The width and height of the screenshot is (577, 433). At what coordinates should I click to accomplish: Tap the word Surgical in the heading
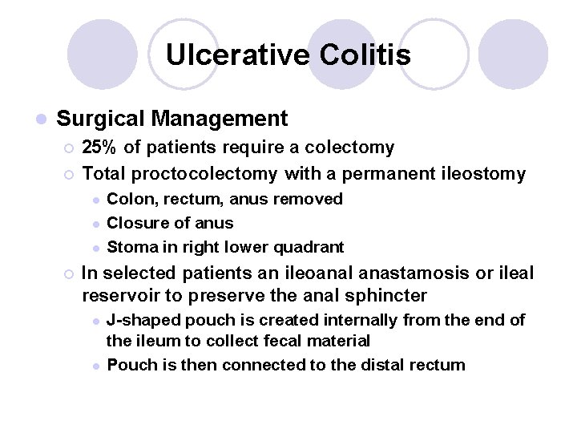101,119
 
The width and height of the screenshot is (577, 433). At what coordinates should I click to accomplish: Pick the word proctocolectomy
205,172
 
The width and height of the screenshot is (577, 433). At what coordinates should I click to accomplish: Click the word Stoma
130,246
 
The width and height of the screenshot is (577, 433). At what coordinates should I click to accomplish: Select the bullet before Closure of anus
95,223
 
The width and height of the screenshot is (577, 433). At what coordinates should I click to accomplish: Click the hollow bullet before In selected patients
68,274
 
